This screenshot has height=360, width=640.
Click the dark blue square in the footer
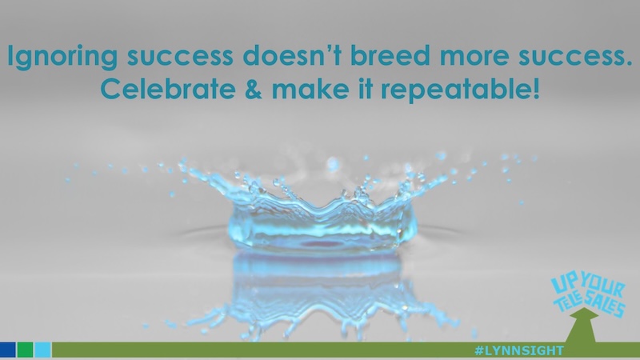(x=8, y=350)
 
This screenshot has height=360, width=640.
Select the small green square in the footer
(x=26, y=350)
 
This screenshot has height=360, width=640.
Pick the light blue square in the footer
(x=43, y=350)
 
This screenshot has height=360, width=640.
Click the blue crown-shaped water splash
(x=320, y=212)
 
